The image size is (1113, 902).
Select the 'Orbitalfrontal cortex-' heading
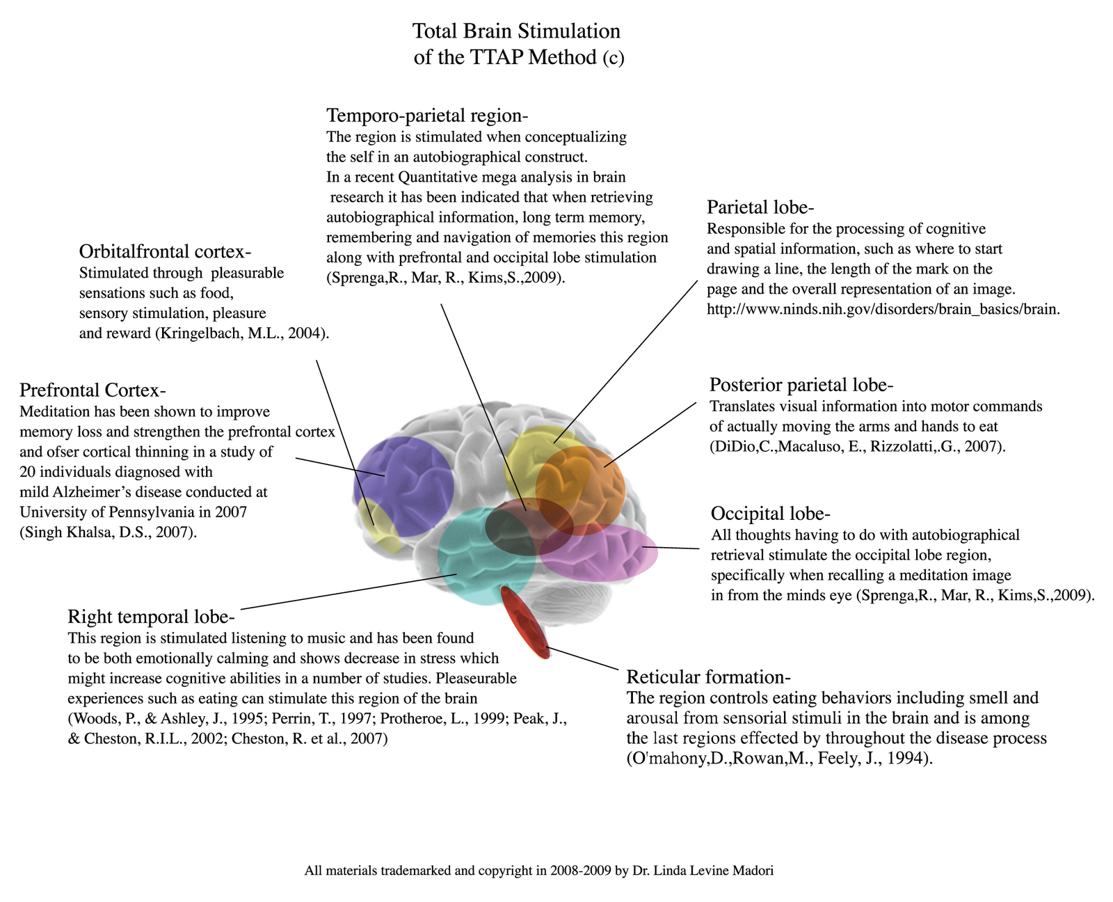click(165, 251)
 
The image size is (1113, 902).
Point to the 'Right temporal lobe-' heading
click(152, 617)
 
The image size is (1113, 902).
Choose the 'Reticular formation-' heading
click(709, 676)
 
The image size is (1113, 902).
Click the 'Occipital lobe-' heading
click(771, 514)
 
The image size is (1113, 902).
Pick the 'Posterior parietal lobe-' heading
click(801, 384)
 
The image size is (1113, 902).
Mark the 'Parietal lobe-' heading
click(760, 207)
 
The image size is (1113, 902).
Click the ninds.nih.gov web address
click(883, 310)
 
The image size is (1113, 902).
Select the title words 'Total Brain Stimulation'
click(516, 31)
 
